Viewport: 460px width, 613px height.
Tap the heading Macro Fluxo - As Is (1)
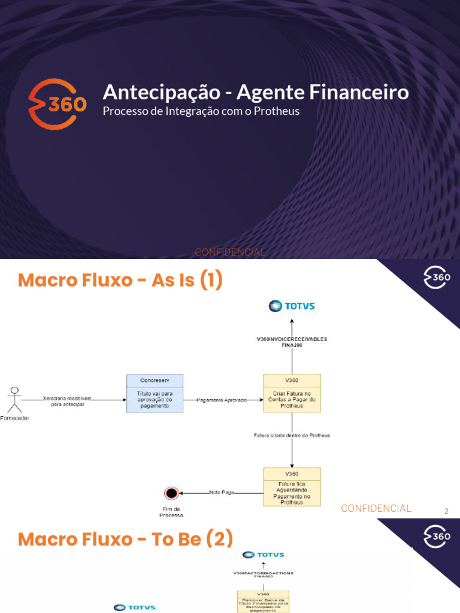coord(120,280)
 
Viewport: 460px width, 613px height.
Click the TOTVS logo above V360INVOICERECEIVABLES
coord(292,306)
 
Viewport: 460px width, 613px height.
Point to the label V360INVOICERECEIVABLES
coord(292,339)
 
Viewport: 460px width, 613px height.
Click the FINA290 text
coord(292,345)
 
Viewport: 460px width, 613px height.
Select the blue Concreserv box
coord(155,393)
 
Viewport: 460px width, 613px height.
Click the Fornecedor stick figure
coord(14,399)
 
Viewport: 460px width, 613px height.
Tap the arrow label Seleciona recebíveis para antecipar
coord(67,401)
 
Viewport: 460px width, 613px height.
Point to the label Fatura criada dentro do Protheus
coord(292,435)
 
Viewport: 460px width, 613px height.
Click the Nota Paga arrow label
coord(222,493)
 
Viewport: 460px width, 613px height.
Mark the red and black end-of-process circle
coord(171,493)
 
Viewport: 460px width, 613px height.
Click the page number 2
coord(446,511)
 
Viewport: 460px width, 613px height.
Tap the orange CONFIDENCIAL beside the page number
coord(376,508)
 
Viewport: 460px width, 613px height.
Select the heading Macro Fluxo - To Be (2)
coord(125,539)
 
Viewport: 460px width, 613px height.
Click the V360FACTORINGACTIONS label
coord(264,572)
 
